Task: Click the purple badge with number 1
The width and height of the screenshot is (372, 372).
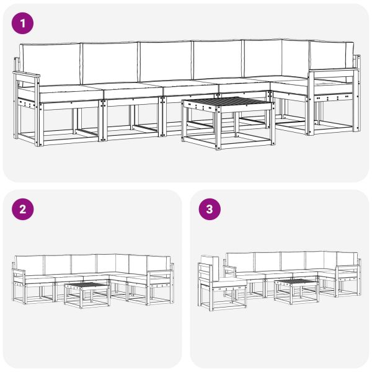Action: (x=23, y=24)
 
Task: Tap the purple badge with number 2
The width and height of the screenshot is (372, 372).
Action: (x=23, y=210)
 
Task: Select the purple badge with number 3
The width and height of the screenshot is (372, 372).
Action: (x=210, y=210)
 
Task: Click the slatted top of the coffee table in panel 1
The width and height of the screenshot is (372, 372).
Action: (x=228, y=103)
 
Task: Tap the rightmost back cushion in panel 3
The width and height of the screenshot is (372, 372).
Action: (x=347, y=259)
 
